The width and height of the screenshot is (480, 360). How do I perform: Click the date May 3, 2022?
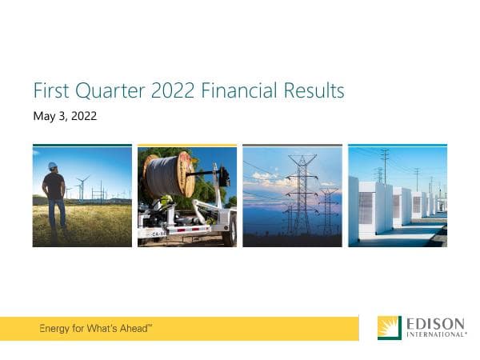pyautogui.click(x=65, y=117)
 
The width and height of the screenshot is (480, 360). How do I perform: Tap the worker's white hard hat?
pyautogui.click(x=53, y=166)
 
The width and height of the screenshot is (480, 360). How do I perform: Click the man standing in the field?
pyautogui.click(x=54, y=196)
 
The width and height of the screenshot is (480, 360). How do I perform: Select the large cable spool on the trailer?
pyautogui.click(x=169, y=174)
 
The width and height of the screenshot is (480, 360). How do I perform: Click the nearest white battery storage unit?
pyautogui.click(x=370, y=210)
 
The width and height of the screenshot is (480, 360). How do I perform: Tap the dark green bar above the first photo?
pyautogui.click(x=82, y=146)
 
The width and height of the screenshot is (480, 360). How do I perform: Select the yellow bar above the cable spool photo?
pyautogui.click(x=187, y=146)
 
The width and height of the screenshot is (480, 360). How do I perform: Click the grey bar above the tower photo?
pyautogui.click(x=292, y=146)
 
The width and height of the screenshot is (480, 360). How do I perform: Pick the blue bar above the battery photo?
pyautogui.click(x=398, y=146)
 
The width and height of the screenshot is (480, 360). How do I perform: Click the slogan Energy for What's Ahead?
pyautogui.click(x=95, y=329)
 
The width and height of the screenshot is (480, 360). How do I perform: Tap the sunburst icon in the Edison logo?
pyautogui.click(x=390, y=328)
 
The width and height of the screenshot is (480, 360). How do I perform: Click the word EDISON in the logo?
pyautogui.click(x=435, y=324)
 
